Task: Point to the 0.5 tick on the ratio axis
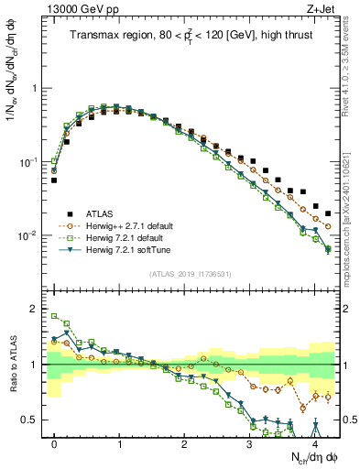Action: (29, 420)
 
